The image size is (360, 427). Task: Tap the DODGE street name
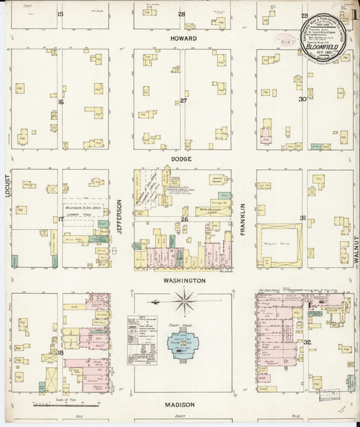click(182, 159)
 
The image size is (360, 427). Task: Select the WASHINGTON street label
click(183, 280)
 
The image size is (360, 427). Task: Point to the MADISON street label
click(180, 404)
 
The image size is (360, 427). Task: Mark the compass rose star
click(184, 301)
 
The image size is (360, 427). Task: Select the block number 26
click(184, 220)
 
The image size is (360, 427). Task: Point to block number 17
click(61, 219)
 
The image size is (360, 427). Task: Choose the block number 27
click(183, 101)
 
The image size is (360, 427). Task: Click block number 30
click(303, 99)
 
